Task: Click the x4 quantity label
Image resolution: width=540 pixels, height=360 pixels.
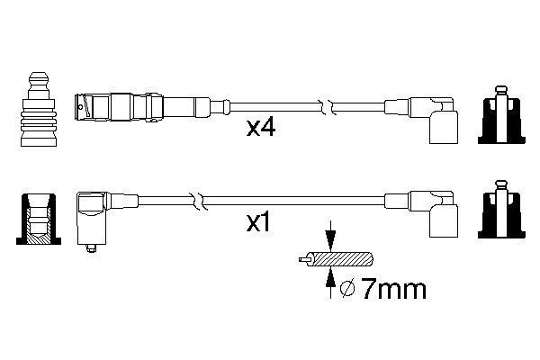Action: pyautogui.click(x=261, y=129)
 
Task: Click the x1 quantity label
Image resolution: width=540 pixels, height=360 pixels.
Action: pyautogui.click(x=259, y=221)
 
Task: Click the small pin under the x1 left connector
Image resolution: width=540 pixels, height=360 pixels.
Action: pyautogui.click(x=91, y=251)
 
